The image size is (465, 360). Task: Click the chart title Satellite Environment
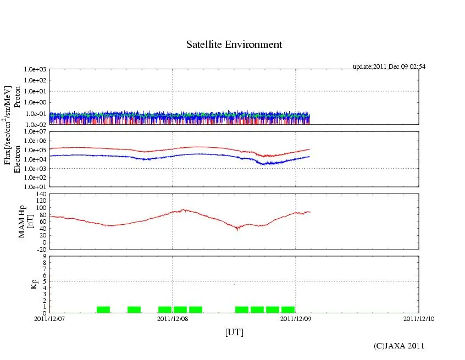tap(234, 45)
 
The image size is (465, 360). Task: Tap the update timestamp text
tap(389, 67)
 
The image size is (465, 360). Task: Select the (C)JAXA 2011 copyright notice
tap(399, 346)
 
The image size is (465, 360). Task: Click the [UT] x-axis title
tap(234, 332)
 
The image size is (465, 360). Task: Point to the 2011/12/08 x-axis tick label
tap(173, 318)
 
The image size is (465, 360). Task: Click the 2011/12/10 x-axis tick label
tap(419, 318)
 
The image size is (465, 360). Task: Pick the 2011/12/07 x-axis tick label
tap(49, 318)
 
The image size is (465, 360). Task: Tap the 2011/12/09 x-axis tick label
tap(296, 318)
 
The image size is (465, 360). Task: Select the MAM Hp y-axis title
tap(26, 218)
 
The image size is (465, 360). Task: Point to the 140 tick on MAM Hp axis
tap(40, 194)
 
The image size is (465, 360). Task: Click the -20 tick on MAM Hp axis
tap(40, 249)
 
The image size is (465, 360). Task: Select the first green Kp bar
tap(103, 309)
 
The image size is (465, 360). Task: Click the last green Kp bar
tap(288, 309)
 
